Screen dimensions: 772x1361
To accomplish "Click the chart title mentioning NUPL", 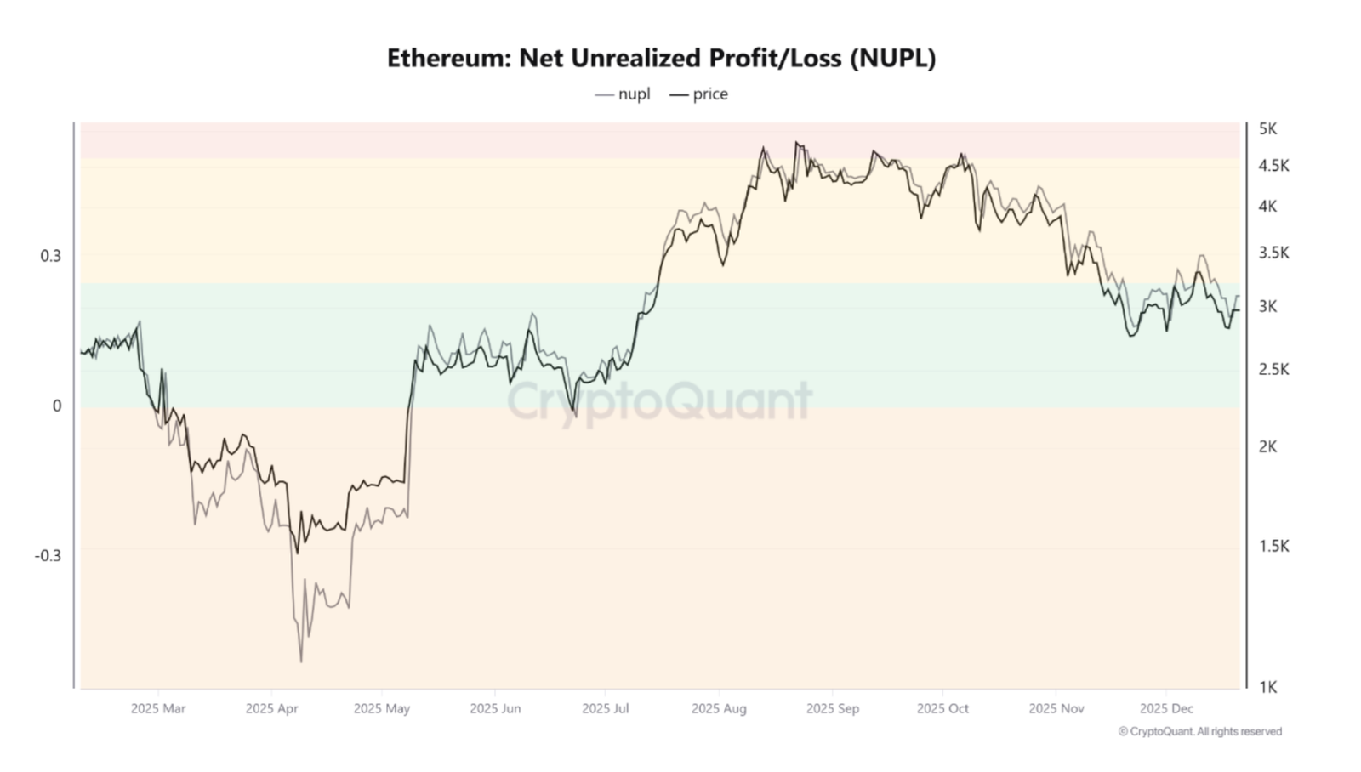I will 661,58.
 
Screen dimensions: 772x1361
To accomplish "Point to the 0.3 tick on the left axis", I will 51,256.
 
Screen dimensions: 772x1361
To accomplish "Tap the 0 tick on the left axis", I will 57,406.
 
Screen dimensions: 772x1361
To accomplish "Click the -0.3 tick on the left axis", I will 48,556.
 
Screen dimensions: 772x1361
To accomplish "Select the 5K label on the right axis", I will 1267,129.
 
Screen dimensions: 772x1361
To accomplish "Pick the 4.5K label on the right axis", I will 1273,166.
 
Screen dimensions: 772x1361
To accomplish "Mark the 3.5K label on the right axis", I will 1273,253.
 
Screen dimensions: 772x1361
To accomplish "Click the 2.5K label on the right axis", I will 1273,370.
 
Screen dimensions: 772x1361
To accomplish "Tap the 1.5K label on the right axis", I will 1273,547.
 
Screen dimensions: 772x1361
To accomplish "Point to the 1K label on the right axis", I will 1267,688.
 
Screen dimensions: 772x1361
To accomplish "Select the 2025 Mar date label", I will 158,709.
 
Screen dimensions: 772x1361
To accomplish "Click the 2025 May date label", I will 381,709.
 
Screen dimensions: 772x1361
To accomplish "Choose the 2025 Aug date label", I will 719,709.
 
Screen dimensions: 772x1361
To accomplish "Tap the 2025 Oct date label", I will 942,709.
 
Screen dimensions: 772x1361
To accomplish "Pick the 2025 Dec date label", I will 1166,709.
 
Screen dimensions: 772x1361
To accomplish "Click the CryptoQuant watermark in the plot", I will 660,401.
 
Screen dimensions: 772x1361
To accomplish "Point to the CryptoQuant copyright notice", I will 1199,732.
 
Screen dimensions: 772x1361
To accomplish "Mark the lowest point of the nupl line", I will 301,661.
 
